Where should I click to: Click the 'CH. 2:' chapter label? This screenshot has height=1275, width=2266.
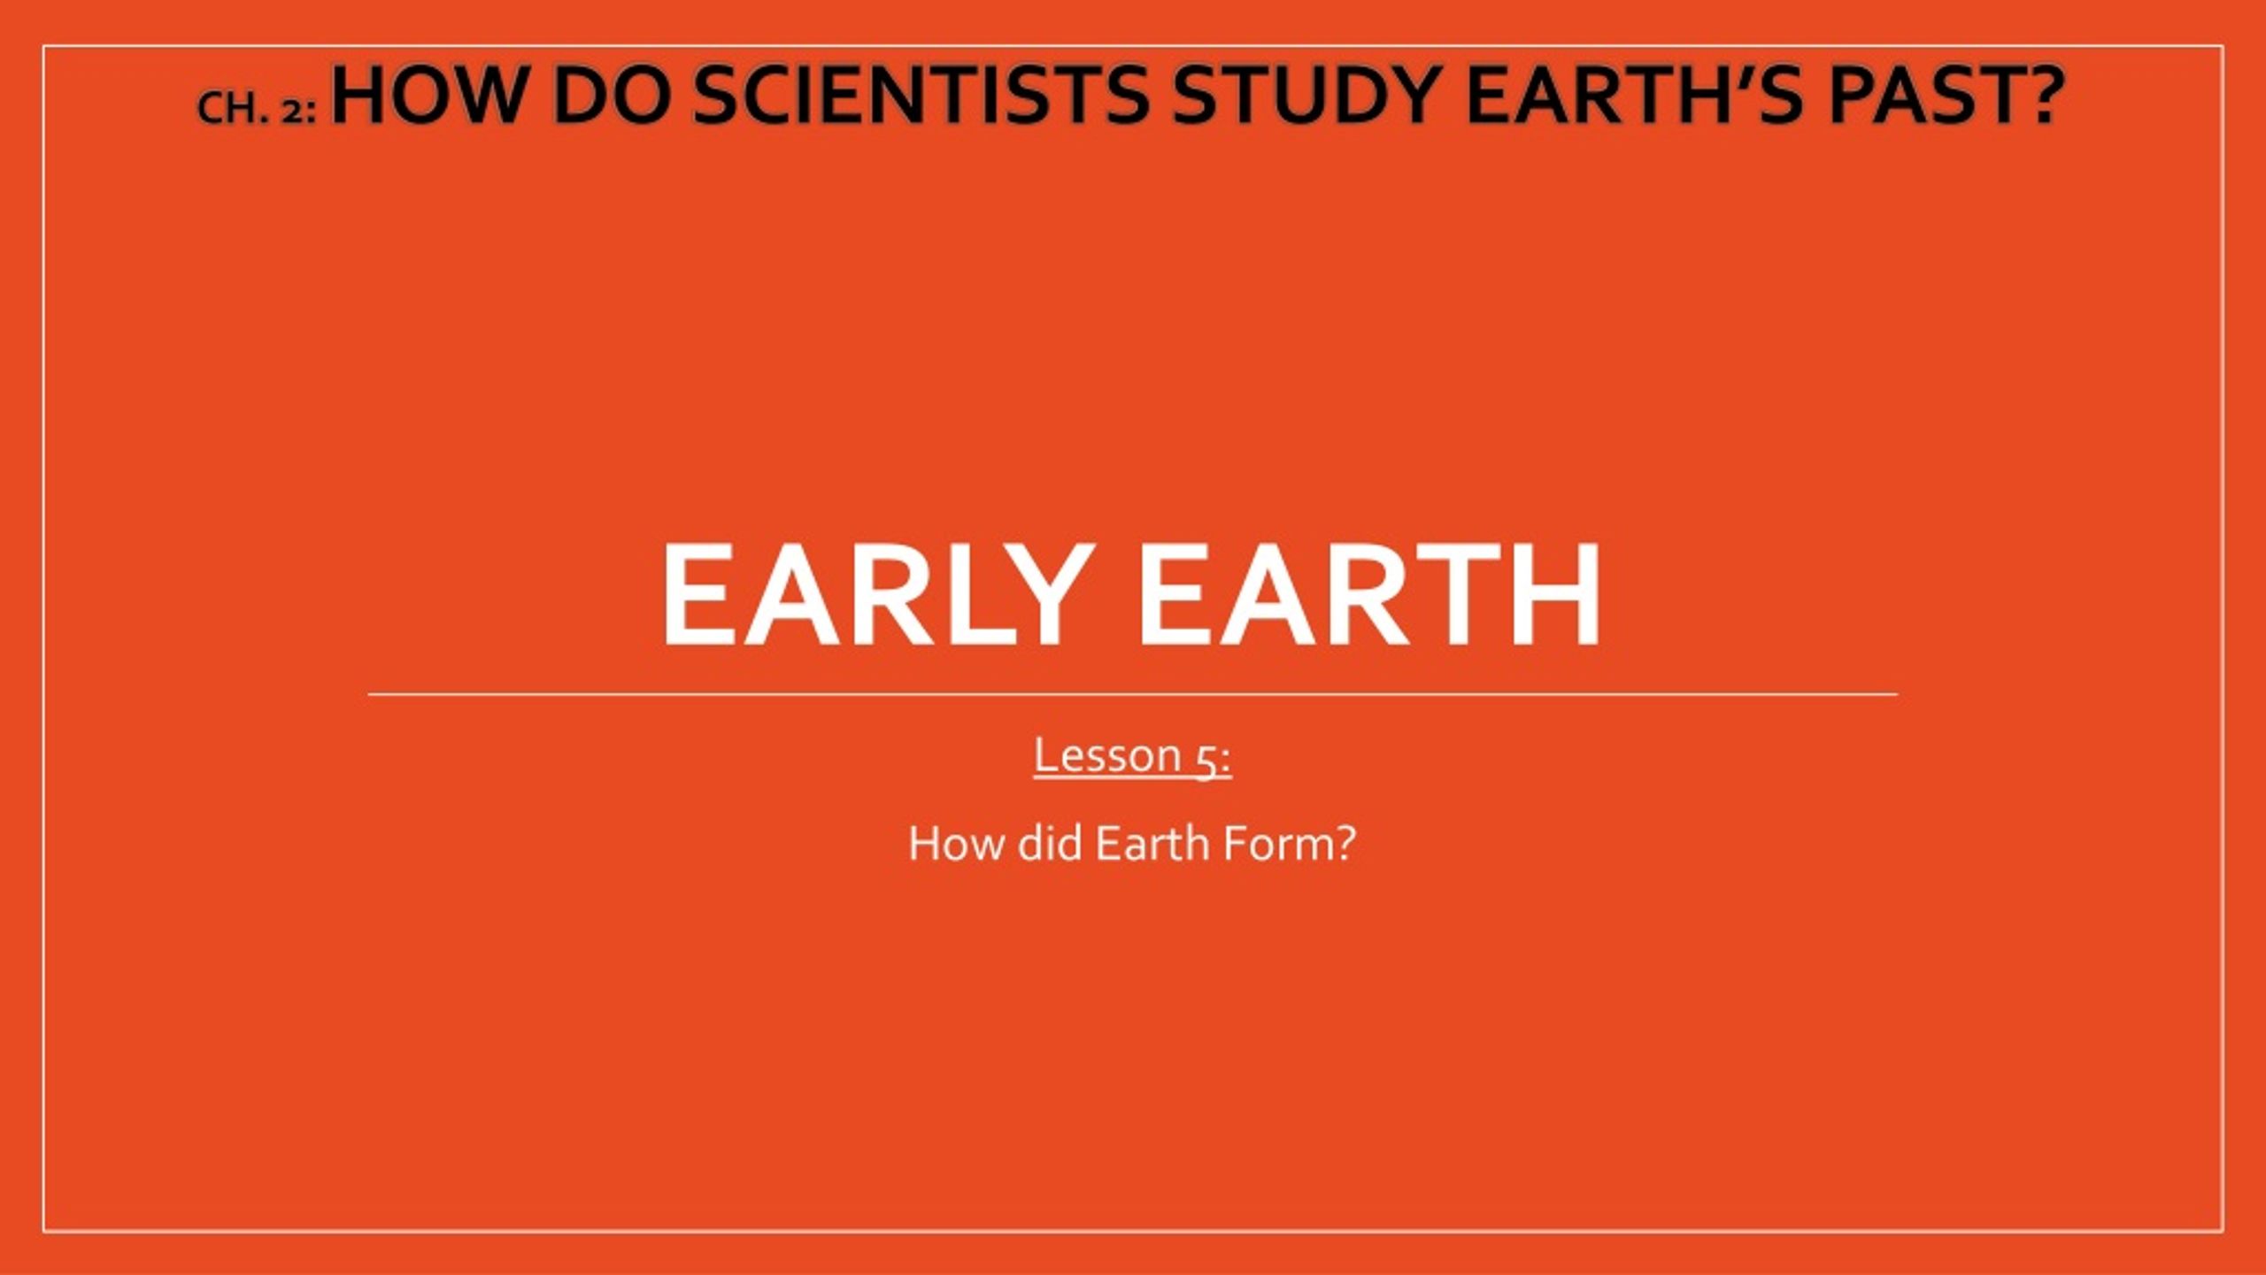click(x=257, y=108)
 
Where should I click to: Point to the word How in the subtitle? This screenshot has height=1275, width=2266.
click(x=958, y=843)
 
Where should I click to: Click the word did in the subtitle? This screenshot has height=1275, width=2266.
click(x=1050, y=842)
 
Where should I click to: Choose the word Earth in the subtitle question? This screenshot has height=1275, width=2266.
click(x=1152, y=842)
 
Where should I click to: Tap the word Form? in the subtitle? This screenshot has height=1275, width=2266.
click(x=1289, y=843)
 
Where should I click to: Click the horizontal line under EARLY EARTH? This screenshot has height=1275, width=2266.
click(x=1133, y=695)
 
